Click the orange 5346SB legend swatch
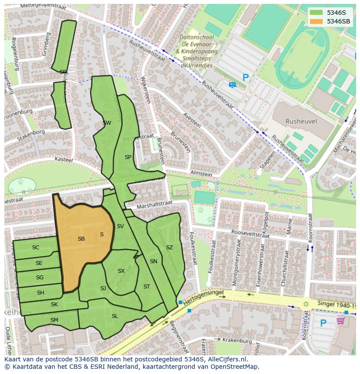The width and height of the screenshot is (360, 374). [317, 21]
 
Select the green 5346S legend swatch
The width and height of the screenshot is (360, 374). [317, 13]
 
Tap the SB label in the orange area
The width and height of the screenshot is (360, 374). [81, 239]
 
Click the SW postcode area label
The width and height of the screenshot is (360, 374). [107, 123]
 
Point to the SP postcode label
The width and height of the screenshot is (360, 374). [128, 157]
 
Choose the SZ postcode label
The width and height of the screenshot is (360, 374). [170, 248]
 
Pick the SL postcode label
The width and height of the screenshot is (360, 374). [115, 316]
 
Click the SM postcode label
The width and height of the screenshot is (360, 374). [54, 320]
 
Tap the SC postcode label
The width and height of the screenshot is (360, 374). [36, 248]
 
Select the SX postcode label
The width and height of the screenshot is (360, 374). [121, 271]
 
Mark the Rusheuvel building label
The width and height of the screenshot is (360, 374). [301, 122]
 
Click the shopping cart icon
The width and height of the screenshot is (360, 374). [340, 321]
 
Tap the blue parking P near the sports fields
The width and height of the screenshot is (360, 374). [246, 78]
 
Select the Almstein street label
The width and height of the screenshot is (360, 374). [201, 174]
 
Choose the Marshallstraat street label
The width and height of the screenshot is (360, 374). [154, 204]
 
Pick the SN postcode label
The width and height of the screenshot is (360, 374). [153, 261]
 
